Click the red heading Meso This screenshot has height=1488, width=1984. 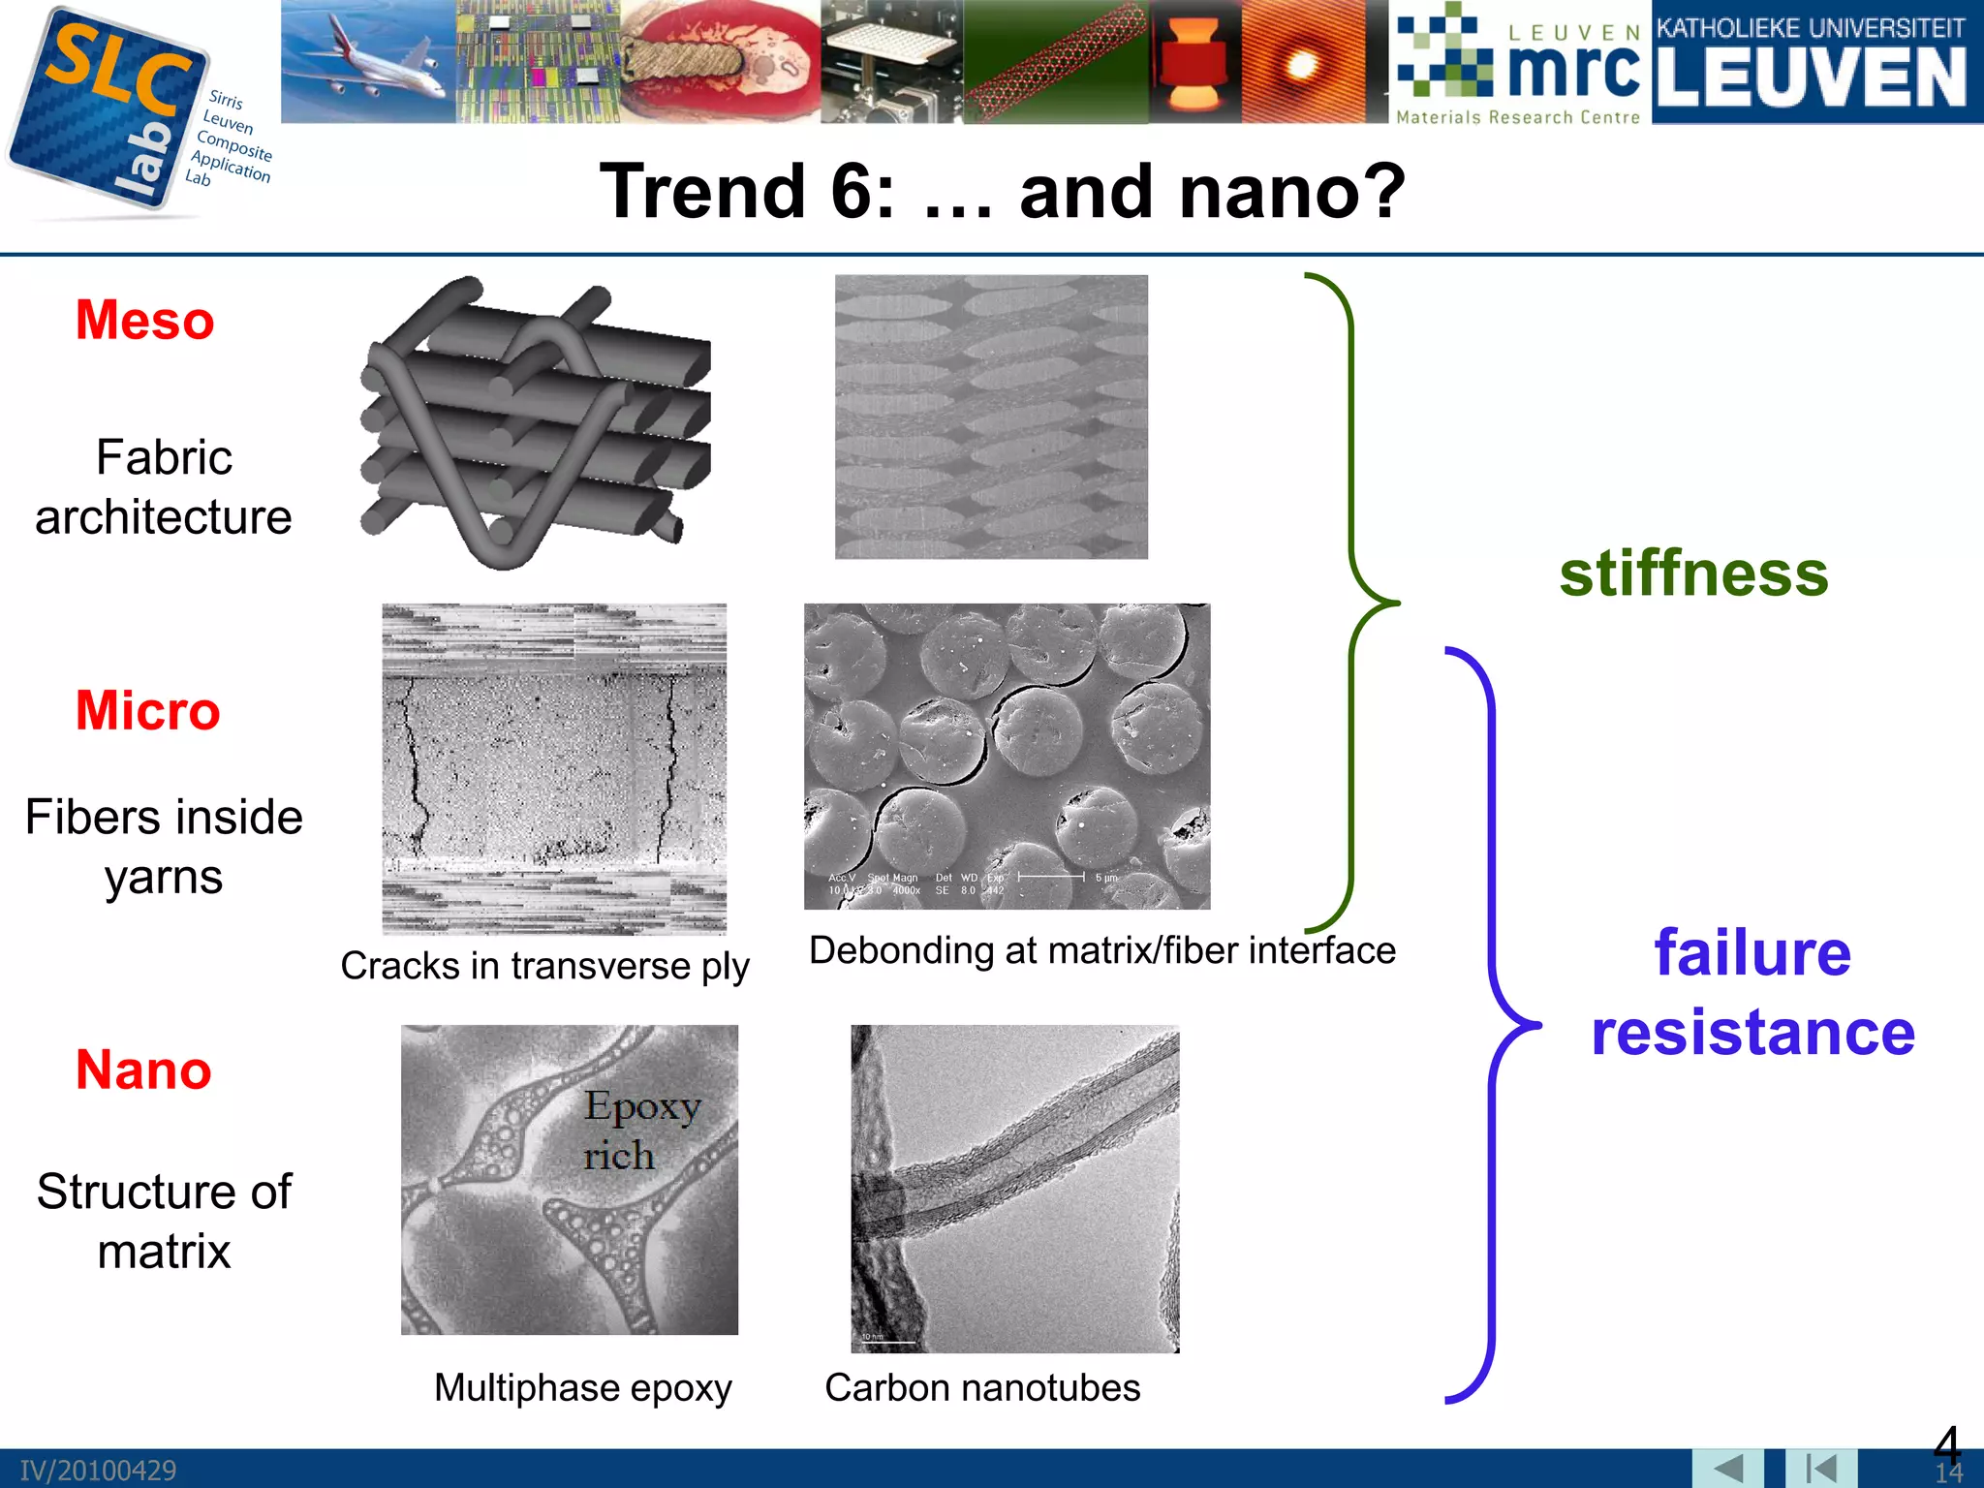145,321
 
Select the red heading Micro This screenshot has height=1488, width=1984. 148,711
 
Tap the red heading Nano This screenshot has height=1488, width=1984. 143,1070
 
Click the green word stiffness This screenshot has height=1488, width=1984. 1693,573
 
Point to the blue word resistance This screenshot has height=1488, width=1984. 1752,1033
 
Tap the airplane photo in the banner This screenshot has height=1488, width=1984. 368,61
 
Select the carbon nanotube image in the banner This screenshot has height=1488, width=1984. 1056,61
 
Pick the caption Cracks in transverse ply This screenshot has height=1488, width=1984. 544,966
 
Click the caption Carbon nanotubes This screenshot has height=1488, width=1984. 982,1388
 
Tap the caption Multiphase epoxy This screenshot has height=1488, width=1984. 582,1388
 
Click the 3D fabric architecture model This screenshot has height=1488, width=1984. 534,422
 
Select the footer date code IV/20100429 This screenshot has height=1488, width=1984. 98,1471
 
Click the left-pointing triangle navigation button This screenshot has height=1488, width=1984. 1727,1469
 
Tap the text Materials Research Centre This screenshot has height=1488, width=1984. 1518,117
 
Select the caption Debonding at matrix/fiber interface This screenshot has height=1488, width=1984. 1101,950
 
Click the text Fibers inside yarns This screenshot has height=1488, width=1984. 164,847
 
